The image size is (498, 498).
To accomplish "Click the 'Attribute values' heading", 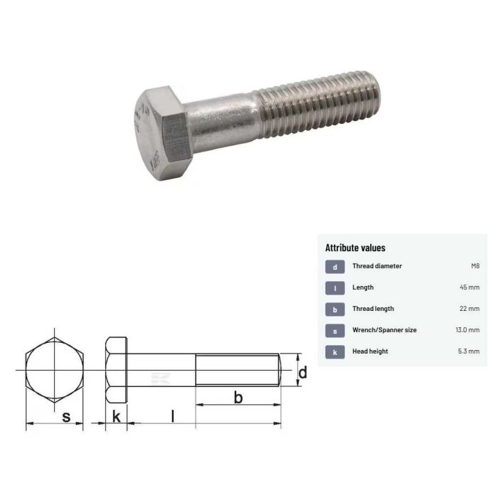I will coord(355,248).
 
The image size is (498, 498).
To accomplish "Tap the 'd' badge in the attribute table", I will coord(334,267).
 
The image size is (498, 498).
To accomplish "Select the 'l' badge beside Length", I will coord(334,288).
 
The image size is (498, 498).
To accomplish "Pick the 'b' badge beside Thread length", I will coord(334,309).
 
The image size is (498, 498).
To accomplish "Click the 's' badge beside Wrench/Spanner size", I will coord(334,330).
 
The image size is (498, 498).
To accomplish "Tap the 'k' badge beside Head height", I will coord(334,351).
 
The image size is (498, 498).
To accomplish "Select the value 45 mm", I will coord(470,288).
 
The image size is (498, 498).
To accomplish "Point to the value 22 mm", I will coord(470,309).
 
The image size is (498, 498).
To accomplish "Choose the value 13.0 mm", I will coord(467,330).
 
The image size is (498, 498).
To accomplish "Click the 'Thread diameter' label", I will coord(377,267).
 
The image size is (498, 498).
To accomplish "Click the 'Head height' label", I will coord(370,351).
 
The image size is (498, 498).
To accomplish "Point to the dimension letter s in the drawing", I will coord(66,418).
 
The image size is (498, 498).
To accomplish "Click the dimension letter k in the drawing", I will coord(116,417).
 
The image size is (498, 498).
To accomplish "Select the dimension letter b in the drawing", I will coord(238,398).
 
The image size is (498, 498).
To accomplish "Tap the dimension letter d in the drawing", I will coord(302,372).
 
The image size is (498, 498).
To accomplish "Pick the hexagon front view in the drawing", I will coord(55,371).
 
